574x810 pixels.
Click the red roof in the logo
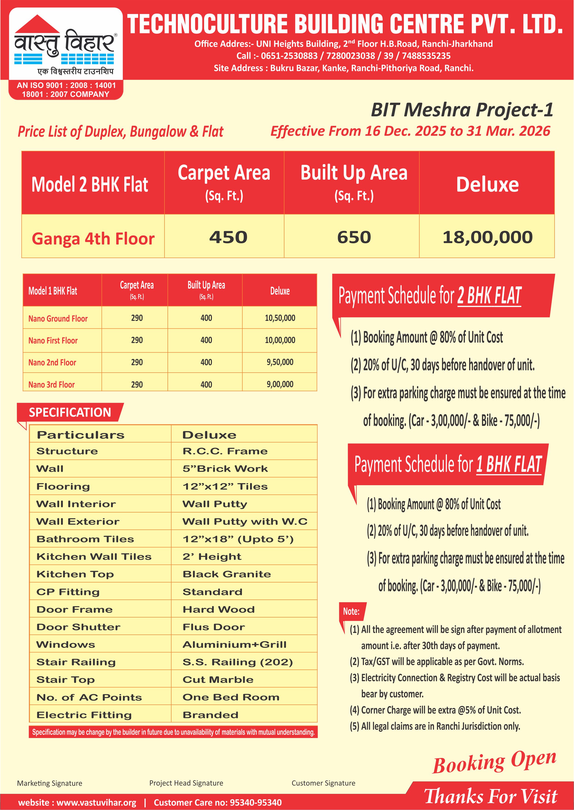37,24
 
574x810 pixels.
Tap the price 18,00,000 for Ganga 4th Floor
487,237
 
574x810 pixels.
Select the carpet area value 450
228,237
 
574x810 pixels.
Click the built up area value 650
354,237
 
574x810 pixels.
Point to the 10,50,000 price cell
280,318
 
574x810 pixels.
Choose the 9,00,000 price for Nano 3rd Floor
280,384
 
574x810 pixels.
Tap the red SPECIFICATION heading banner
70,412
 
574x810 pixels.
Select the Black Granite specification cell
226,574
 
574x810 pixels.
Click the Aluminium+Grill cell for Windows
234,644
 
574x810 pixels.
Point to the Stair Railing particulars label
76,662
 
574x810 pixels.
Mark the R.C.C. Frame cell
225,451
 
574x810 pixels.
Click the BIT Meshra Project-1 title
462,110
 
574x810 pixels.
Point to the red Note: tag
351,611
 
